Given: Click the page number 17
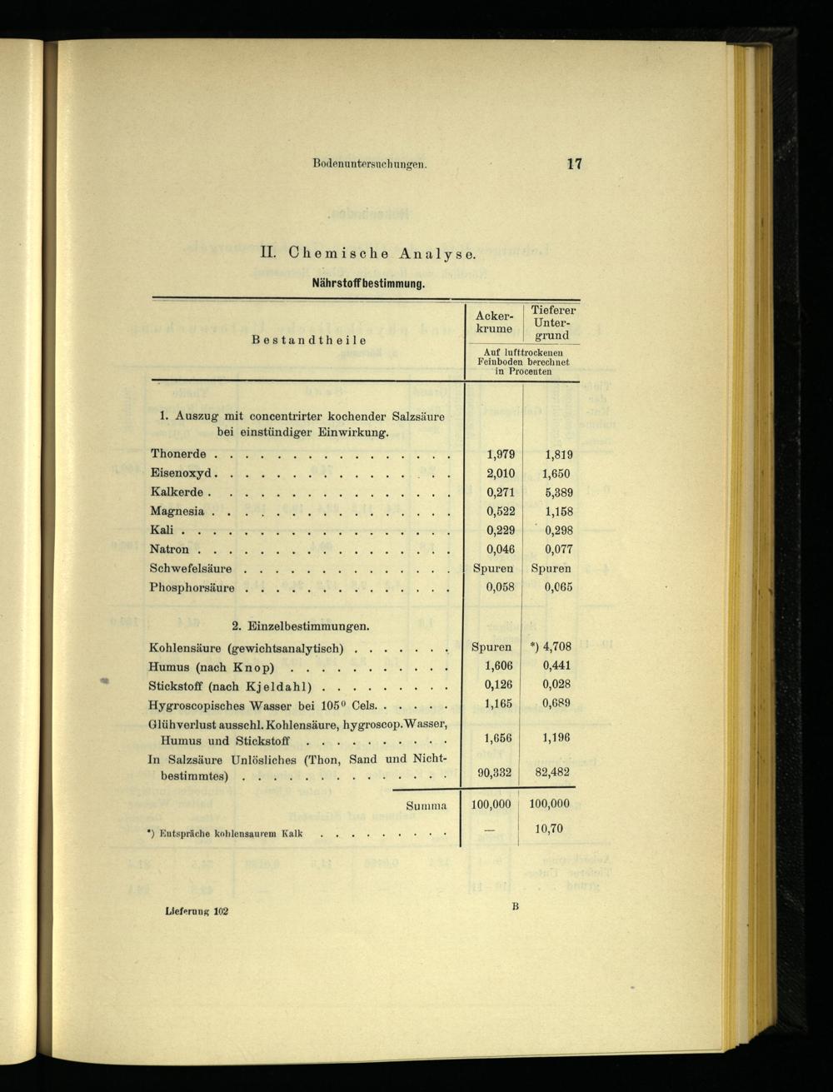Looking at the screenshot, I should pyautogui.click(x=573, y=164).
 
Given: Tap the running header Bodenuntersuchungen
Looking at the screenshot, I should pyautogui.click(x=370, y=164).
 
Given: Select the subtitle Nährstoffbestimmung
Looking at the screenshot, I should pyautogui.click(x=368, y=283).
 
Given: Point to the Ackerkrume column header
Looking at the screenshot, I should pyautogui.click(x=494, y=322).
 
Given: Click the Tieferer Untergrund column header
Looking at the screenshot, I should pyautogui.click(x=552, y=322).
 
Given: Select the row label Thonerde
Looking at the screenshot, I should pyautogui.click(x=178, y=454).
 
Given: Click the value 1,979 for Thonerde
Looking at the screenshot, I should pyautogui.click(x=500, y=454).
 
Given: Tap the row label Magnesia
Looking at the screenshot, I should pyautogui.click(x=177, y=511).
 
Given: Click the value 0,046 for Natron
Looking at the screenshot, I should pyautogui.click(x=500, y=549).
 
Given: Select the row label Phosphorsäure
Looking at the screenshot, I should pyautogui.click(x=192, y=587).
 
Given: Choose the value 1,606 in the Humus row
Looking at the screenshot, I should pyautogui.click(x=499, y=666).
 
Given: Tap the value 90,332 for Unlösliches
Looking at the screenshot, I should pyautogui.click(x=494, y=772).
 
